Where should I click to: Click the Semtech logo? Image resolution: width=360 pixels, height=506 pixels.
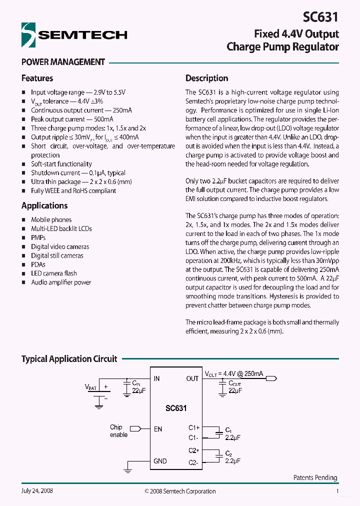click(74, 34)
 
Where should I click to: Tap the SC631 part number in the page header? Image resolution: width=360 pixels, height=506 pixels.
click(320, 17)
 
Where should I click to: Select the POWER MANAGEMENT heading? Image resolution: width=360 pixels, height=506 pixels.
click(63, 62)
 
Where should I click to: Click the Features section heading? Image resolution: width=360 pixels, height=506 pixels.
click(37, 78)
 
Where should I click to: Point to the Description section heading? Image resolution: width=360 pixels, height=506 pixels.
click(206, 78)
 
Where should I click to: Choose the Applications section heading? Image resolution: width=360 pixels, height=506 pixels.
click(44, 205)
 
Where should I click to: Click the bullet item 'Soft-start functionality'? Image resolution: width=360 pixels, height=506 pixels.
click(61, 164)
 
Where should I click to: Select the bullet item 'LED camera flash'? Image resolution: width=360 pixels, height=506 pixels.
click(54, 273)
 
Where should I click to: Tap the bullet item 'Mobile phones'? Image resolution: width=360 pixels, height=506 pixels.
click(51, 220)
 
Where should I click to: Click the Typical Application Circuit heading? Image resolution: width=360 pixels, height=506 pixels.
click(69, 359)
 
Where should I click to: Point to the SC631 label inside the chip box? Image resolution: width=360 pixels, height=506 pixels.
click(176, 408)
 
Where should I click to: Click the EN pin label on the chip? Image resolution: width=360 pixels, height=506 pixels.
click(158, 429)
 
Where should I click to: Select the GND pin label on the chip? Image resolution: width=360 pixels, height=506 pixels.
click(160, 461)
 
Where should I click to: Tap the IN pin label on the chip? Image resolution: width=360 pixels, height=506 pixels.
click(156, 378)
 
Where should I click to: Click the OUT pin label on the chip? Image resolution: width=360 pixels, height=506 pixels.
click(192, 378)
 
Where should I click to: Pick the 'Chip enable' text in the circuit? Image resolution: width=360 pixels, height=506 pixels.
click(118, 431)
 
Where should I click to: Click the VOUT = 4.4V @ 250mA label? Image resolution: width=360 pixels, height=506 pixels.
click(234, 373)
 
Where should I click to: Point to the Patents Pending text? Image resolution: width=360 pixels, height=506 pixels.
click(315, 478)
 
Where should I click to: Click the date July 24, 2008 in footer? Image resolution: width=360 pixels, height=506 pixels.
click(37, 491)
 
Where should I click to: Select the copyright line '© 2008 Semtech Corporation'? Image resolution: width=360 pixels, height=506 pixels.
click(180, 491)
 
